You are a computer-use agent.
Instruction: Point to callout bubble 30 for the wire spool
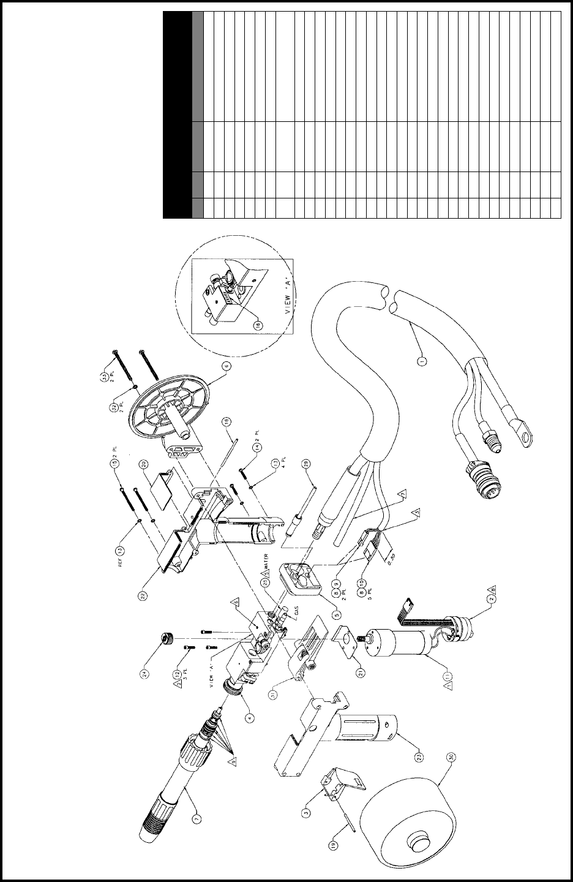452,757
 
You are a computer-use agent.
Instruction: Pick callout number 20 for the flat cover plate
143,464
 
